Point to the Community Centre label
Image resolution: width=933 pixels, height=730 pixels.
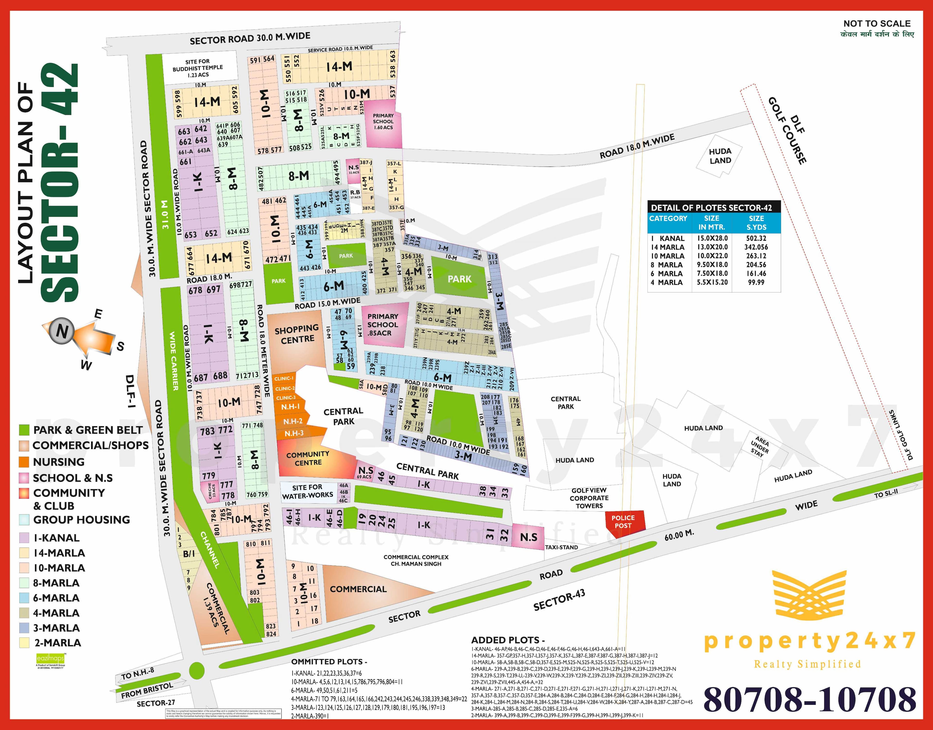[x=308, y=458]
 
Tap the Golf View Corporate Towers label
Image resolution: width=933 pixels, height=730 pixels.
[x=589, y=498]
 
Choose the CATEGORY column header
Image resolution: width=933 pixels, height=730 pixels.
[x=668, y=218]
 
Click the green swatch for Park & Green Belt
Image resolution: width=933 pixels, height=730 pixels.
[x=24, y=430]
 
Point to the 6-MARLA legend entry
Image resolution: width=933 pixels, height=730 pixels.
[x=56, y=598]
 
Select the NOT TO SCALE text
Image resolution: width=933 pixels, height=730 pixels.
[x=877, y=24]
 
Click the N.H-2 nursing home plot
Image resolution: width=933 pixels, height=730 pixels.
[x=293, y=421]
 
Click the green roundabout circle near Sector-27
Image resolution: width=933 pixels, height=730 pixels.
[x=196, y=670]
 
